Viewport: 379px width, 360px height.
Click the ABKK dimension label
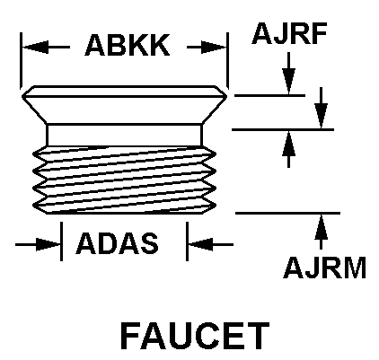coord(128,45)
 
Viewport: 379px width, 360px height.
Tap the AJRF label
coord(289,33)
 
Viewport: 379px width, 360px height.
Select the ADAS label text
coord(117,243)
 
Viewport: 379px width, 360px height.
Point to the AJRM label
coord(325,268)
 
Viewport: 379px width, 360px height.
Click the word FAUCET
coord(195,336)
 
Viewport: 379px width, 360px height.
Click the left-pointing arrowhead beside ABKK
coord(35,47)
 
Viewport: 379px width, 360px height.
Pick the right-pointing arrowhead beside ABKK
coord(214,47)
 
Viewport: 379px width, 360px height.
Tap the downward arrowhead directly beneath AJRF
coord(288,82)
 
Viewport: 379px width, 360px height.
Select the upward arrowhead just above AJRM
coord(321,227)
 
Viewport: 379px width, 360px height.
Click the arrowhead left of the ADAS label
coord(48,244)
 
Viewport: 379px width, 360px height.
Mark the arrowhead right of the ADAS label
coord(200,244)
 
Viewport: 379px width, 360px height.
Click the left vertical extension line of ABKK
coord(21,61)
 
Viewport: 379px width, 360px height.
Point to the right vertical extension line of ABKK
coord(227,61)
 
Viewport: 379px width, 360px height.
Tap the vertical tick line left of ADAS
coord(61,241)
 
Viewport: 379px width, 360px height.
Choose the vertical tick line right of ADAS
coord(187,241)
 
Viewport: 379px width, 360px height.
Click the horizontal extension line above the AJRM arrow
coord(287,213)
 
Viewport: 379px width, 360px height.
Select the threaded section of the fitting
coord(124,180)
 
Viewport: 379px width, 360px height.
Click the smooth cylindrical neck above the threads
coord(124,136)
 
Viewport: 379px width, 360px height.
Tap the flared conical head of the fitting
coord(124,110)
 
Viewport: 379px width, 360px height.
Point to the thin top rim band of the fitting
coord(124,92)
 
